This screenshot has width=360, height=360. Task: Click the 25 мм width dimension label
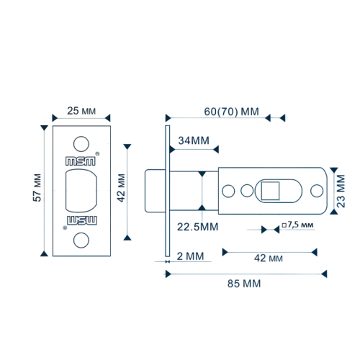81,111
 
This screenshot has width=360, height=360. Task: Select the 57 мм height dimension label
37,188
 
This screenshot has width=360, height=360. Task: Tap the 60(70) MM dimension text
231,112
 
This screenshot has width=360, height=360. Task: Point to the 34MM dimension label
194,140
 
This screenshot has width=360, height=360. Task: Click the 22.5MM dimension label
198,227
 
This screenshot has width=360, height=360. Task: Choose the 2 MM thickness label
190,256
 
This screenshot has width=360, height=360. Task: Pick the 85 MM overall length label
244,284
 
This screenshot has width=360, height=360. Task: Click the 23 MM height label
341,191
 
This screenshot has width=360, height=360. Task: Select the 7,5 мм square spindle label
297,225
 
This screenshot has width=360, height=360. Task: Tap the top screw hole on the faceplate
81,144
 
